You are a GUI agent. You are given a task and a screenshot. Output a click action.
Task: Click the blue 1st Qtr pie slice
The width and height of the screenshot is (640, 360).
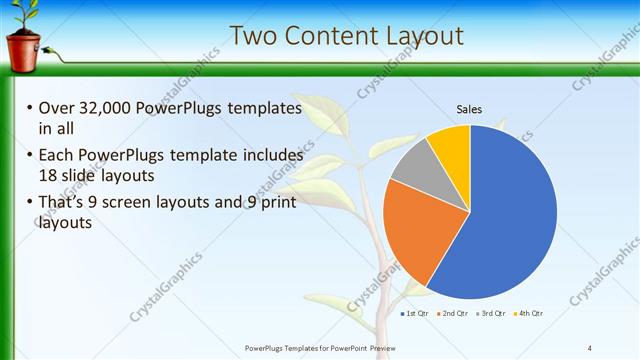pyautogui.click(x=510, y=220)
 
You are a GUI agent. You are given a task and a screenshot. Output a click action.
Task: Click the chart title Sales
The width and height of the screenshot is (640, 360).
pyautogui.click(x=470, y=108)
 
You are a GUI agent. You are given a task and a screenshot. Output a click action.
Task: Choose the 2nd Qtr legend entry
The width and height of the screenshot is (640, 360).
pyautogui.click(x=453, y=313)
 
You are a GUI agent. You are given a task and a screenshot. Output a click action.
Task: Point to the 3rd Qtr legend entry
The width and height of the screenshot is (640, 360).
pyautogui.click(x=491, y=313)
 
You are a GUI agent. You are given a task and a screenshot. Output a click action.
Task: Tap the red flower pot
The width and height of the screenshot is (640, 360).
pyautogui.click(x=23, y=49)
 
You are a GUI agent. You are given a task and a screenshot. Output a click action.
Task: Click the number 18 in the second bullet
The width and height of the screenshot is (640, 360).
pyautogui.click(x=48, y=174)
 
